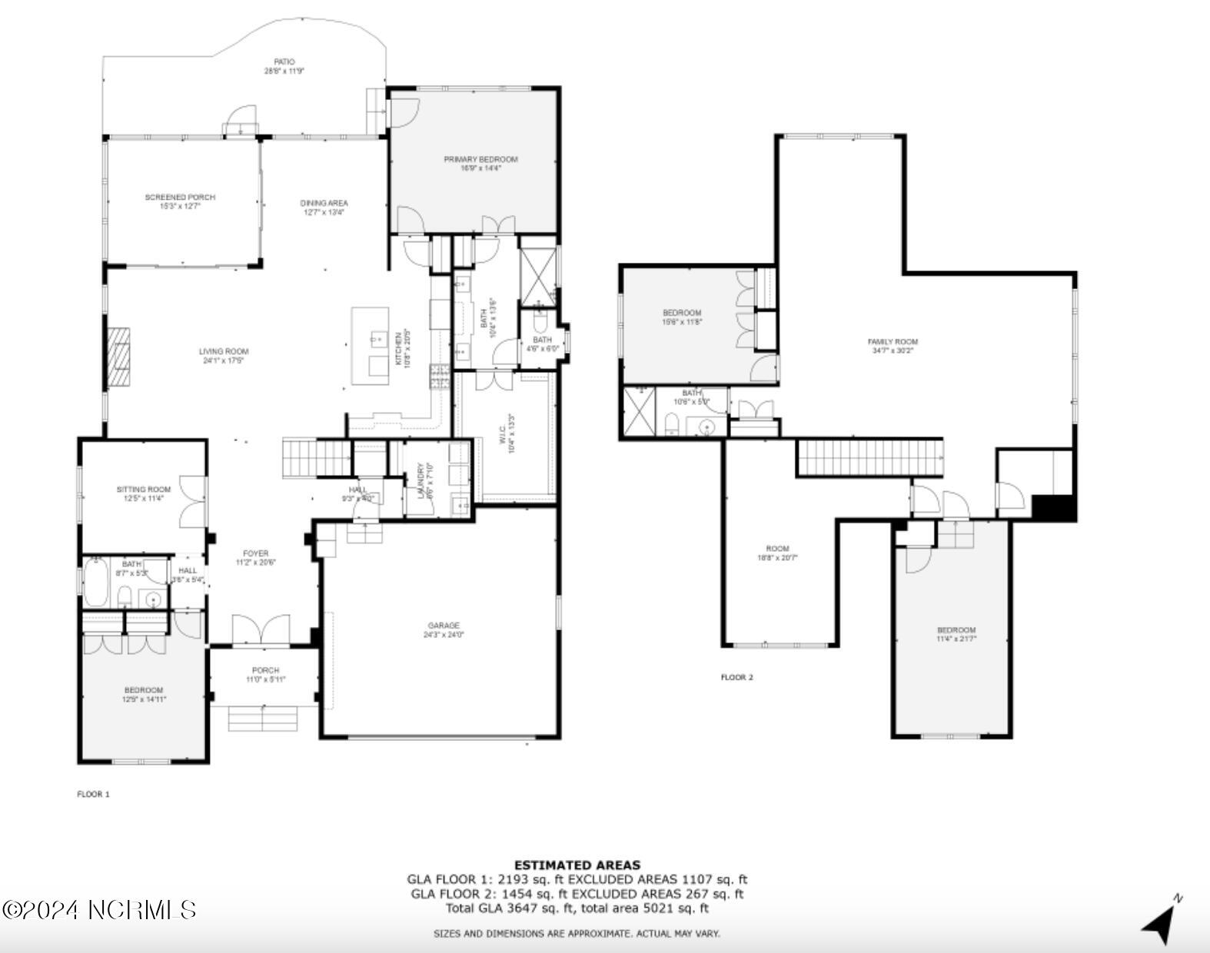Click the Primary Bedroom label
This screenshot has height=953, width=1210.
480,163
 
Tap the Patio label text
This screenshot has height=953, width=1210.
284,66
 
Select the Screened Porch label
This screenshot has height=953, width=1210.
180,201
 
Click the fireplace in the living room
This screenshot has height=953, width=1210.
118,357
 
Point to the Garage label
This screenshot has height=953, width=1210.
444,630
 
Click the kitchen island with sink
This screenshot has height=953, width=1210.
371,346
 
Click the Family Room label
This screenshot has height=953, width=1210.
893,346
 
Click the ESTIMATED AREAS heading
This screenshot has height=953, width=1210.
577,865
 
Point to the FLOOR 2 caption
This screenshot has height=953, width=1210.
736,677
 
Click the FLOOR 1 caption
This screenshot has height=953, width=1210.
93,794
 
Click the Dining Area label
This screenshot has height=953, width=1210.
324,208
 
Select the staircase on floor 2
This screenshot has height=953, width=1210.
870,458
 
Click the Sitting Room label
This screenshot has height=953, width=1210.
144,493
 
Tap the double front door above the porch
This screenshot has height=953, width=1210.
261,629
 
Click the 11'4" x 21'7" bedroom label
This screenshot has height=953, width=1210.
956,634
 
